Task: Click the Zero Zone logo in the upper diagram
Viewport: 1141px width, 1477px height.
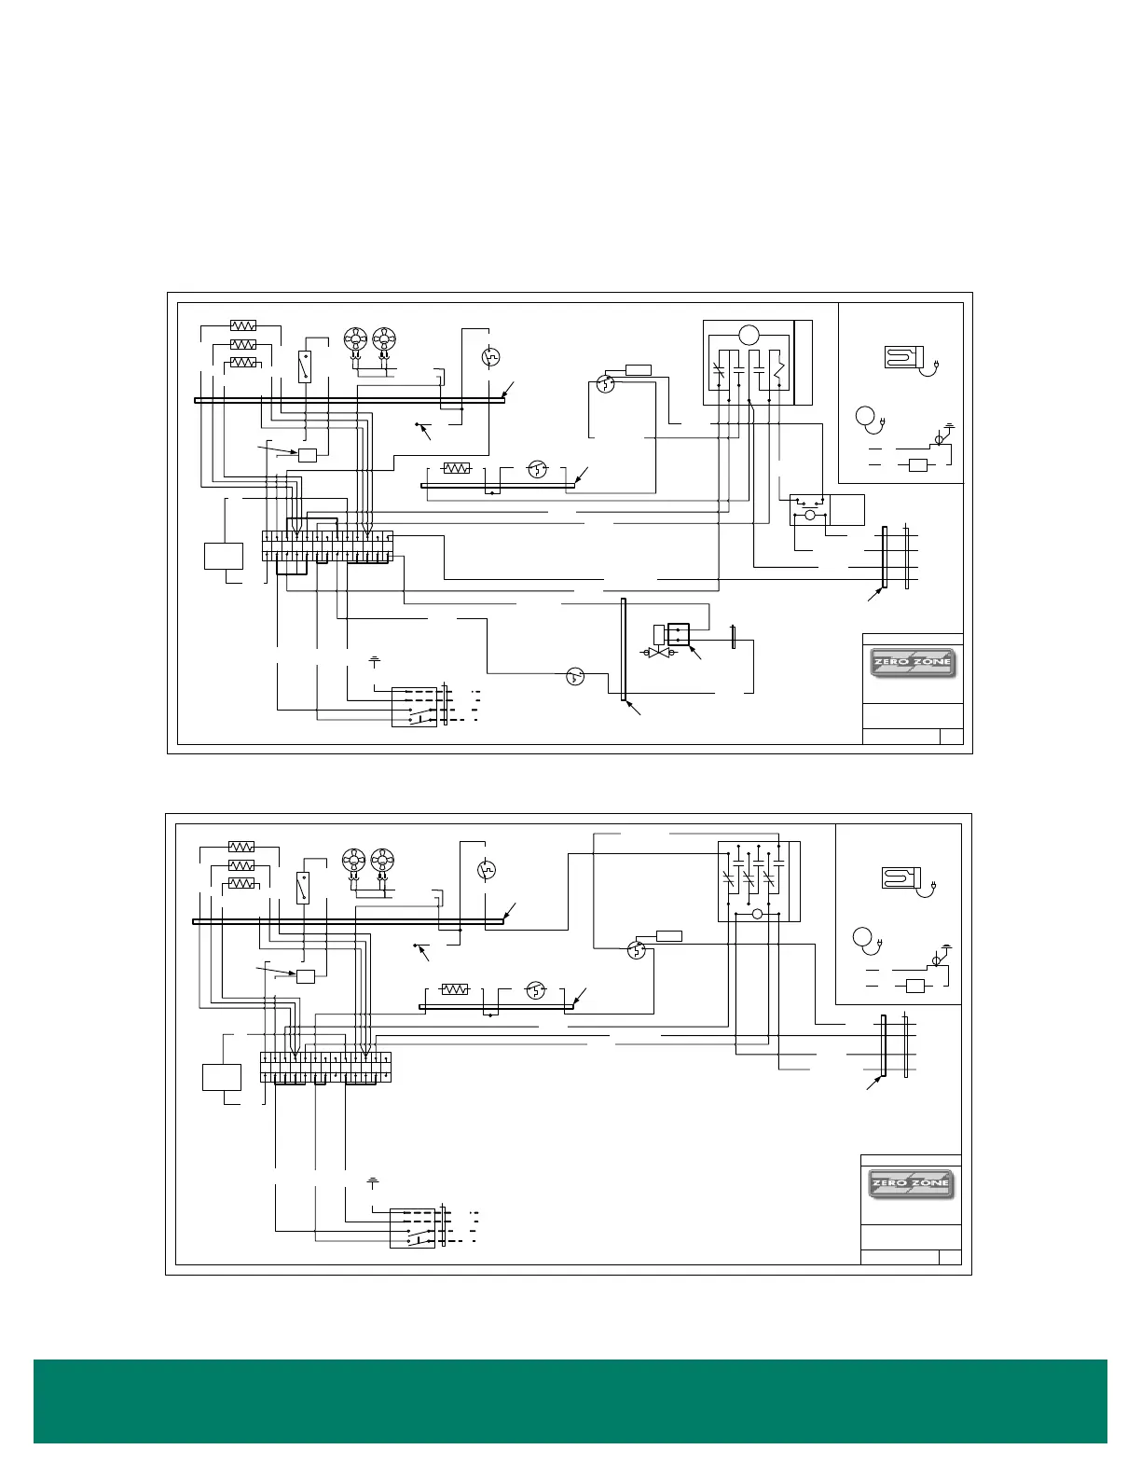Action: [x=913, y=664]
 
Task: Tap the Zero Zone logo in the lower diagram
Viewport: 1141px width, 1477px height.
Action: [x=912, y=1185]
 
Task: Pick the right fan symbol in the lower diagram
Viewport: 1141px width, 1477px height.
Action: [x=381, y=860]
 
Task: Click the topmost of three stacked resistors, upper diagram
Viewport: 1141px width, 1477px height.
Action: [x=242, y=325]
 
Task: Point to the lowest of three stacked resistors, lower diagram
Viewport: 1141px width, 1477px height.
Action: [x=241, y=882]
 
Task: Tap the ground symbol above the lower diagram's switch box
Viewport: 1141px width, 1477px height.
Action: [x=373, y=1181]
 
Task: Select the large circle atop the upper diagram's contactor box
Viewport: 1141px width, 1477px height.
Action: [x=749, y=336]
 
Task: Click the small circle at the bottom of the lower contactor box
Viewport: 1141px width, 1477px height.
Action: [x=757, y=915]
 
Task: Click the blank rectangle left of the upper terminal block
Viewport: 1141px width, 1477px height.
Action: [x=224, y=556]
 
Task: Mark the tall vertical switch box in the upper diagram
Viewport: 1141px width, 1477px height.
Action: [x=304, y=366]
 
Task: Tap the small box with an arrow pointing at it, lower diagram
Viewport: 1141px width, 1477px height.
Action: [x=305, y=976]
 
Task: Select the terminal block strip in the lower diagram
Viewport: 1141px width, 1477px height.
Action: [x=325, y=1068]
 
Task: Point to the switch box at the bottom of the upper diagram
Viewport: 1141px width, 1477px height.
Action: [x=415, y=707]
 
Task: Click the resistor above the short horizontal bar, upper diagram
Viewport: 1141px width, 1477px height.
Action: [x=456, y=468]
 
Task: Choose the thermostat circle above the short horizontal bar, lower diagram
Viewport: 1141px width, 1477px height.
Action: [x=535, y=989]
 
